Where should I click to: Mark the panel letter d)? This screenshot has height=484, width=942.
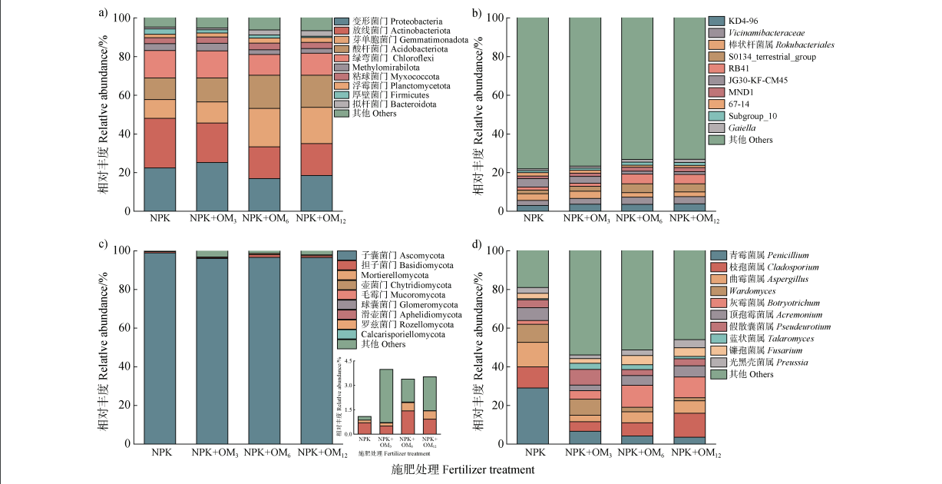477,245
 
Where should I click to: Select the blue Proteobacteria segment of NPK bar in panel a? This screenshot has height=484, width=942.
160,189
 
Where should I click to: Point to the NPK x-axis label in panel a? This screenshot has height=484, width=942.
160,219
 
